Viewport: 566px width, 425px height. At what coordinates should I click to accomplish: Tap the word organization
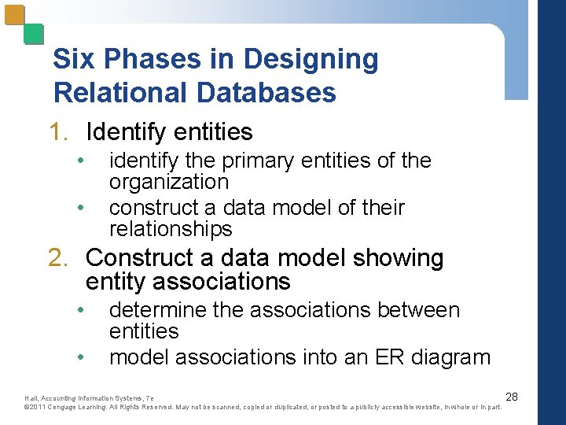(x=169, y=182)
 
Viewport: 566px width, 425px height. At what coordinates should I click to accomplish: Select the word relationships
(x=171, y=229)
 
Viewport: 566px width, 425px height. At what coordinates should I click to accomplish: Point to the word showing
(x=399, y=258)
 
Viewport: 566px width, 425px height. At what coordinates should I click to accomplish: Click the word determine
(x=158, y=310)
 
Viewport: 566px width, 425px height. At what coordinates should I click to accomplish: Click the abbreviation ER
(x=392, y=357)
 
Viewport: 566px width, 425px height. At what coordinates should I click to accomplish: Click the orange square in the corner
(x=14, y=15)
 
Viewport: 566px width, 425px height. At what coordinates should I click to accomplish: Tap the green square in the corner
(x=33, y=33)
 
